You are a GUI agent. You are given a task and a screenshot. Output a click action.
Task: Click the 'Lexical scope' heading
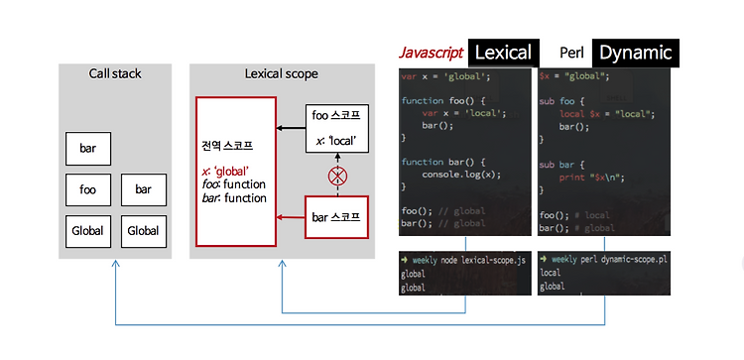coord(281,73)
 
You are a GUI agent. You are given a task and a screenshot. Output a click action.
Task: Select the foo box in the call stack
coord(87,188)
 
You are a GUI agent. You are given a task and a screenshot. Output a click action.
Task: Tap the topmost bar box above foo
coord(87,149)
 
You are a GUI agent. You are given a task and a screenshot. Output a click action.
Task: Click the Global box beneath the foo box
coord(87,230)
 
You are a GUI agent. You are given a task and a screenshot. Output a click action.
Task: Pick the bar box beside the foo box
coord(144,188)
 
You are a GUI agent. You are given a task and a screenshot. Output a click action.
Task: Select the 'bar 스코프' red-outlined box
coord(337,215)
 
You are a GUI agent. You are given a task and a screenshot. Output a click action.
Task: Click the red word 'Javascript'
coord(430,53)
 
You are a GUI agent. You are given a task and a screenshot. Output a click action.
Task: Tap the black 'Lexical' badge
coord(502,53)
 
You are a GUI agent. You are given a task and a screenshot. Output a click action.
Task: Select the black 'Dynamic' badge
coord(636,53)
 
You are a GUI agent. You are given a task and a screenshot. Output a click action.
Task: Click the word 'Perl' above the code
coord(571,53)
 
